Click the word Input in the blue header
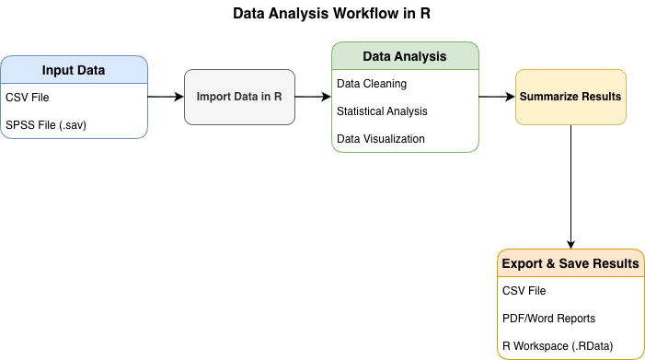click(59, 71)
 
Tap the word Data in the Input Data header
click(90, 71)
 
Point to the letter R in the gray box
click(278, 97)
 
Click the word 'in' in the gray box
click(266, 97)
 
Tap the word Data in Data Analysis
click(377, 56)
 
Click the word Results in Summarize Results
click(603, 97)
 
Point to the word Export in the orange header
click(522, 264)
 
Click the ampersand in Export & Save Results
click(551, 264)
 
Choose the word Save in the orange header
click(574, 264)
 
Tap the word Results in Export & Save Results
click(616, 264)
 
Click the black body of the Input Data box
click(74, 110)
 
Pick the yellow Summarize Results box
click(570, 112)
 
